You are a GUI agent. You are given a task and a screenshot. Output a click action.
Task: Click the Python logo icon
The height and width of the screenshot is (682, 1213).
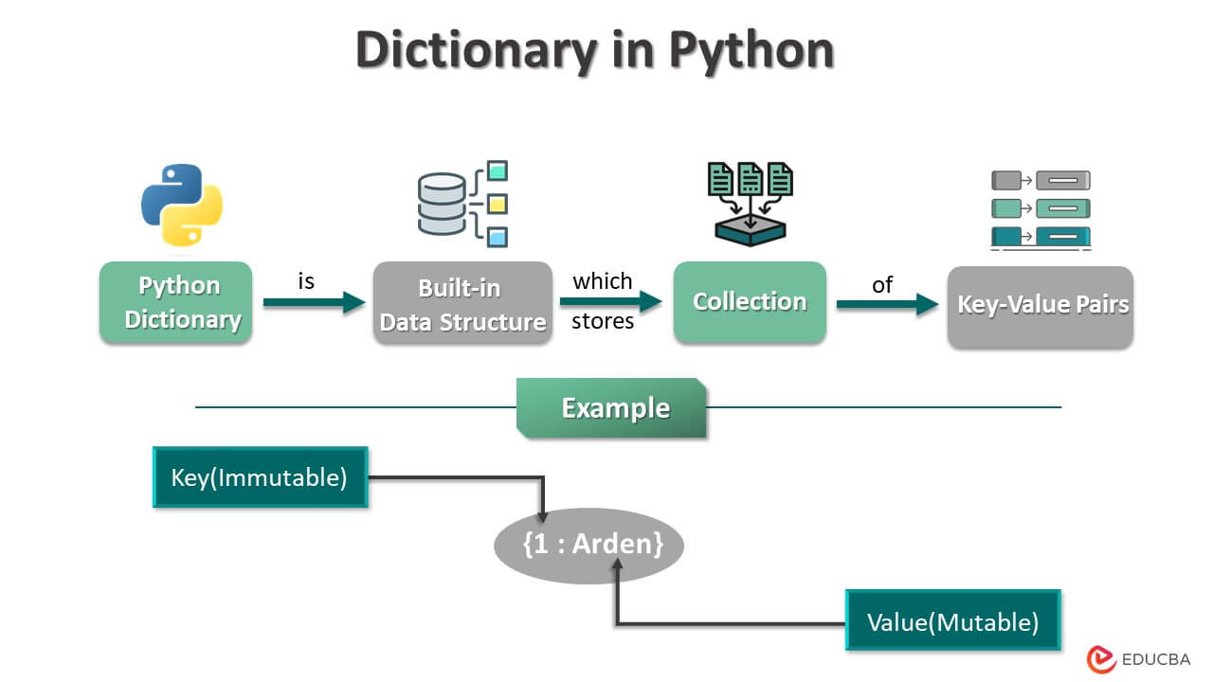point(182,205)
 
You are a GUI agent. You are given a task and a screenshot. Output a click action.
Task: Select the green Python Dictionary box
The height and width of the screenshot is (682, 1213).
point(176,302)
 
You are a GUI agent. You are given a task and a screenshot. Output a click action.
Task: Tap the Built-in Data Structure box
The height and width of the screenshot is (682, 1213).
point(462,303)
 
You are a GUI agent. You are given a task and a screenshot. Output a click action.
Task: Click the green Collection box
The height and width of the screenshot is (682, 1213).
point(750,302)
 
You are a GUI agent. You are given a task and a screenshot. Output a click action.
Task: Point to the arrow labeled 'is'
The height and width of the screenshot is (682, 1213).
point(314,303)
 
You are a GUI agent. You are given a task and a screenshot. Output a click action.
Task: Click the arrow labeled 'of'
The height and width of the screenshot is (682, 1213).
point(885,304)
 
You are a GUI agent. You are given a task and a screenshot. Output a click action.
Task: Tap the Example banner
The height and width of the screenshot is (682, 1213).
point(612,408)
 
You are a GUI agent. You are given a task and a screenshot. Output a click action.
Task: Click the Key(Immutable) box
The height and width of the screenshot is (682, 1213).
point(260,477)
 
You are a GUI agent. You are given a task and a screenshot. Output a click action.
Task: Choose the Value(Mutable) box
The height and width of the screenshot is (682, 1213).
point(952,621)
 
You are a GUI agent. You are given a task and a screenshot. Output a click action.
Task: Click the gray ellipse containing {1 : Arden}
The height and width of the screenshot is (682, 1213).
point(588,546)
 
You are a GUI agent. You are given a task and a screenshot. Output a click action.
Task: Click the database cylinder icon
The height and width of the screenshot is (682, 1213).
point(443,204)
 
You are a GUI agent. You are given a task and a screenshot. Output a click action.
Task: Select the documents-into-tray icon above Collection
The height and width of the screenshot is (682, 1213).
point(750,205)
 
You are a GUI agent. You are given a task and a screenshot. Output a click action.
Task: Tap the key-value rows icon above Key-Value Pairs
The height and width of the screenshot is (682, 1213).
point(1041,210)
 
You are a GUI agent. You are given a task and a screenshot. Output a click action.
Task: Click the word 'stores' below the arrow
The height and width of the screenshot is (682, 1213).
point(603,322)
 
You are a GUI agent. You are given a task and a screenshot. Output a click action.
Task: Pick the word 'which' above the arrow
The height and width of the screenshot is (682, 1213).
point(603,281)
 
